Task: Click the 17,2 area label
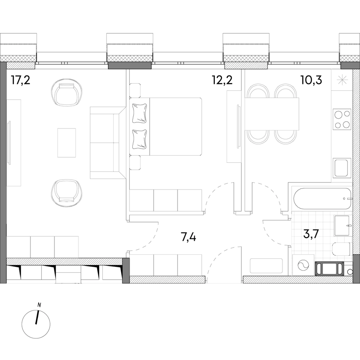tap(21, 80)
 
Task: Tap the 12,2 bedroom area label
tap(222, 80)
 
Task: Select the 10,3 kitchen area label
tap(311, 80)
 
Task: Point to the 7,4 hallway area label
tap(188, 237)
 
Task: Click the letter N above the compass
tap(39, 305)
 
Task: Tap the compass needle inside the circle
tap(37, 317)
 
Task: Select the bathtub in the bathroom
tap(322, 198)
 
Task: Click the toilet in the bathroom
tap(342, 249)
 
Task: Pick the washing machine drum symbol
tap(303, 266)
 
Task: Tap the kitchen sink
tap(342, 168)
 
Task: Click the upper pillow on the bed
tap(139, 113)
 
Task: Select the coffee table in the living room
tap(66, 143)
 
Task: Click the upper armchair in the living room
tap(66, 92)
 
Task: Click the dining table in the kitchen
tap(272, 114)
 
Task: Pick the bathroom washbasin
tap(342, 226)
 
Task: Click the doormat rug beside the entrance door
tap(266, 266)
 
